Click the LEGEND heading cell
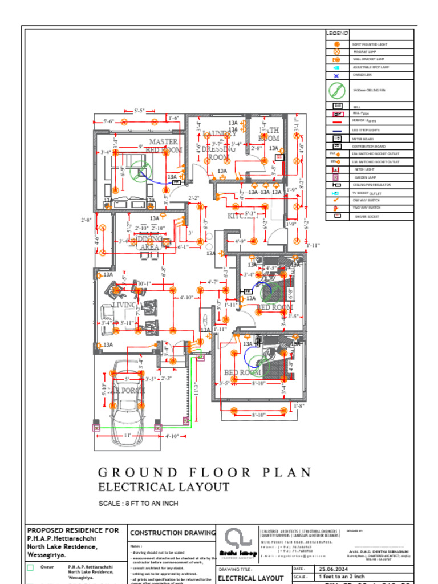coord(336,34)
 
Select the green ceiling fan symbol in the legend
coord(336,90)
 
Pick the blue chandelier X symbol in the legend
coord(336,75)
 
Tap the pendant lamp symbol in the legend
coord(336,51)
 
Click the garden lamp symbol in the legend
coord(336,177)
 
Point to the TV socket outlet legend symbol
coord(336,193)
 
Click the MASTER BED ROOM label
coord(164,145)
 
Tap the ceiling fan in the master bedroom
coord(139,169)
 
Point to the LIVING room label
coord(125,305)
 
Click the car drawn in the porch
coord(127,399)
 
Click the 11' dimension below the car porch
coord(127,436)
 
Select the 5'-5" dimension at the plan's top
coord(139,110)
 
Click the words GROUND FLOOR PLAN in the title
coord(205,472)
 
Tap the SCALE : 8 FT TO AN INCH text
coord(139,504)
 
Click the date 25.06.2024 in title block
coord(334,569)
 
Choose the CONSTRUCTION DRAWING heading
coord(173,533)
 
